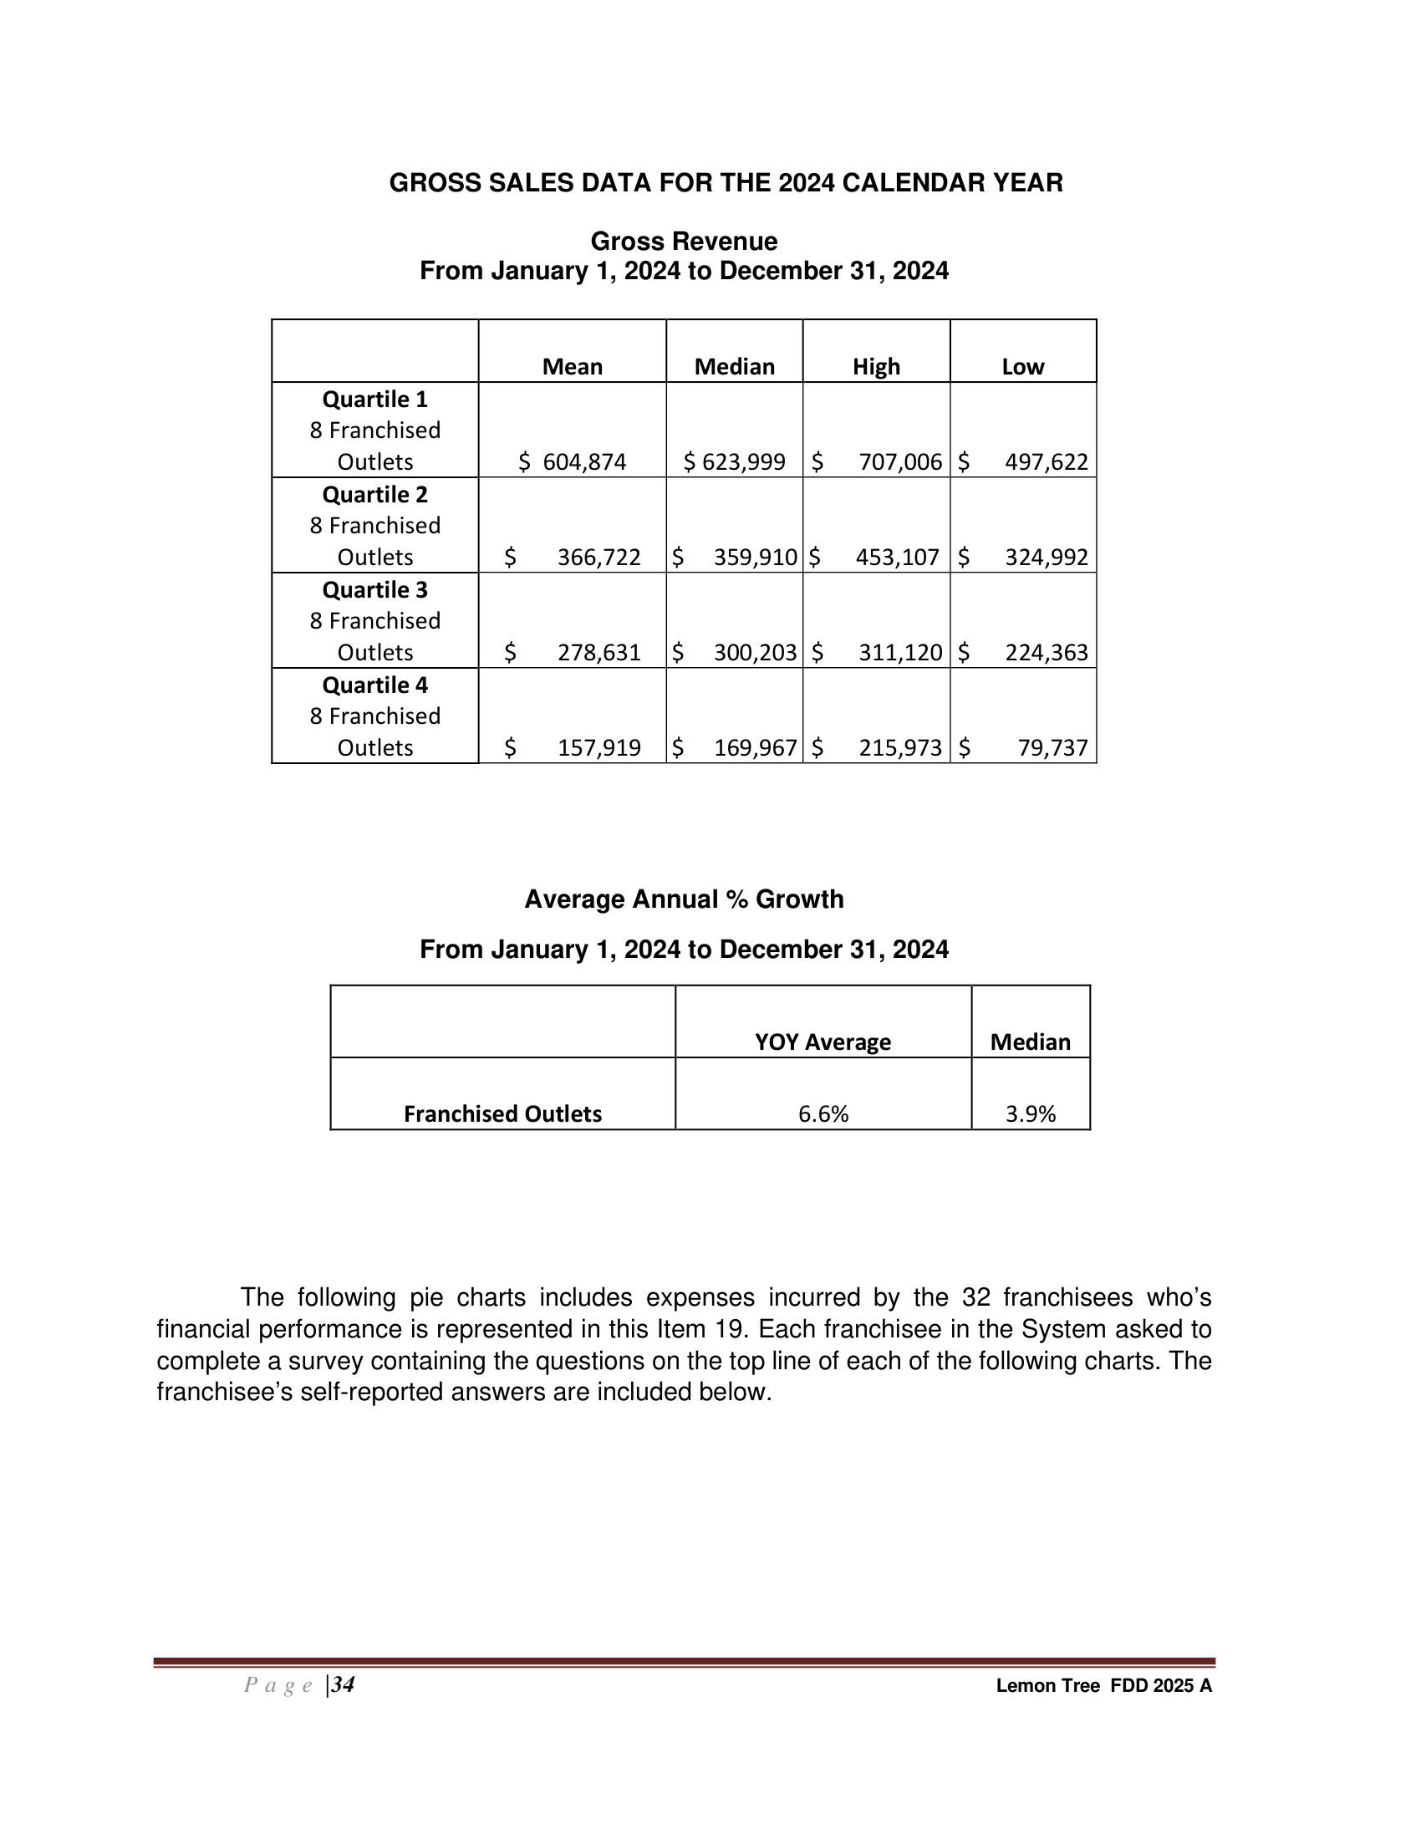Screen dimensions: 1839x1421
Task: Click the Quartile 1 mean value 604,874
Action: tap(584, 462)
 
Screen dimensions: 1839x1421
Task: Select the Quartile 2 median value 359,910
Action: tap(755, 558)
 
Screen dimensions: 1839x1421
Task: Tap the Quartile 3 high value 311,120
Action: tap(900, 653)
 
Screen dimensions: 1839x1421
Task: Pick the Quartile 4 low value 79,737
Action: tap(1052, 748)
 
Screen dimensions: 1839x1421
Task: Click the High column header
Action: tap(876, 367)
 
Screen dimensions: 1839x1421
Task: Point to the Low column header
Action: tap(1023, 367)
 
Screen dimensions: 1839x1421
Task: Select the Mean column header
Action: tap(573, 367)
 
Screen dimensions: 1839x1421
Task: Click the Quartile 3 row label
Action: tap(375, 590)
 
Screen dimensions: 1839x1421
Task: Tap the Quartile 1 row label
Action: tap(375, 399)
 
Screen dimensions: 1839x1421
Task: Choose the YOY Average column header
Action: tap(823, 1042)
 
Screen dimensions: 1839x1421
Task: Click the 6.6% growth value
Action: tap(823, 1114)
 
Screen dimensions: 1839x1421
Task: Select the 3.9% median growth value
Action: tap(1031, 1114)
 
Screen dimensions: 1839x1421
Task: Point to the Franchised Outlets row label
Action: tap(502, 1114)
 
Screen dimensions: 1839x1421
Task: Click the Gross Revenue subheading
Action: tap(684, 242)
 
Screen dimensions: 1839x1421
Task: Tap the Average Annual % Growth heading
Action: tap(684, 899)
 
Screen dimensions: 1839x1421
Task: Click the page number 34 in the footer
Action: tap(343, 1685)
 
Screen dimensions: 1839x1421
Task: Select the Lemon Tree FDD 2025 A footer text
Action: tap(1103, 1686)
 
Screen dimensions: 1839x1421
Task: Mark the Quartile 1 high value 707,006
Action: tap(900, 462)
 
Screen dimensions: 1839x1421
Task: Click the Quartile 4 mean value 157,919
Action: tap(598, 748)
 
